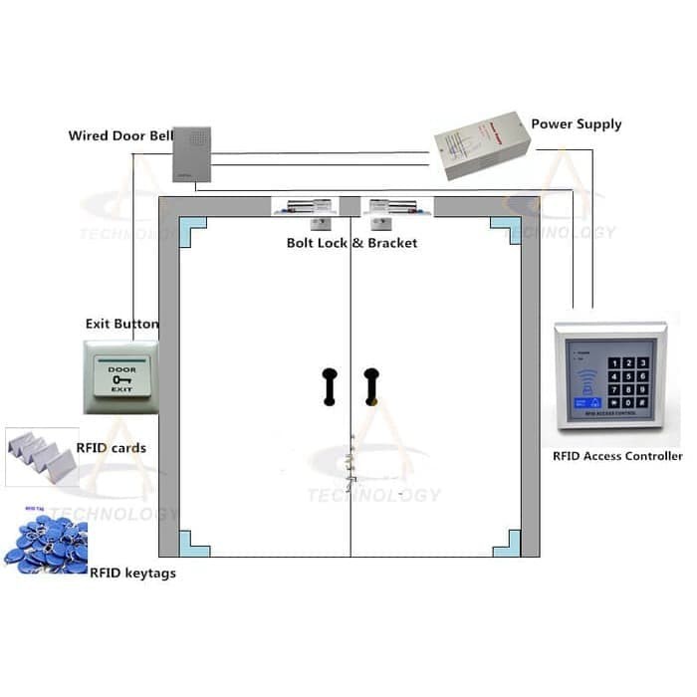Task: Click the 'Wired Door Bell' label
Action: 119,135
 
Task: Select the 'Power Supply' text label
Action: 576,124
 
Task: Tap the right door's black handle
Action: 371,385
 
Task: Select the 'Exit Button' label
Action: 121,324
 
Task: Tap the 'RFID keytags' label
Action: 132,574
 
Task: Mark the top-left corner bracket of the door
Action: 191,230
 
